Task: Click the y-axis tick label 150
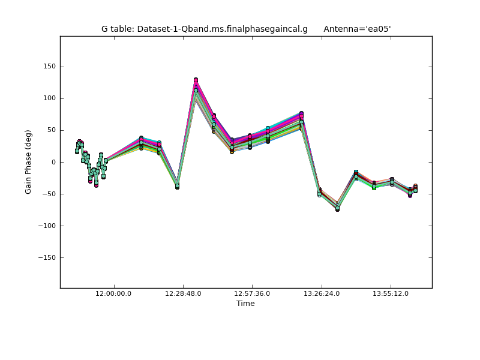coord(49,67)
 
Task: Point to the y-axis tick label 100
coord(49,98)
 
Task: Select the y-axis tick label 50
coord(51,130)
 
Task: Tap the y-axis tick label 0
coord(53,162)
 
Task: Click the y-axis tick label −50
coord(49,194)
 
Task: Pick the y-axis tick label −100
coord(47,226)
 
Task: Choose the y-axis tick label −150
coord(47,257)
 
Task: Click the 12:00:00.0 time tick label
coord(114,293)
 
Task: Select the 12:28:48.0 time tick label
coord(183,293)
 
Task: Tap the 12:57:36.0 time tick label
coord(252,293)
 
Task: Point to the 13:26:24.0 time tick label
coord(322,293)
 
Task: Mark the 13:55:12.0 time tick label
coord(391,293)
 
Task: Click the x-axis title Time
coord(245,304)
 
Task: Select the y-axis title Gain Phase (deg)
coord(28,162)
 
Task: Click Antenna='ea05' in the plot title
coord(357,29)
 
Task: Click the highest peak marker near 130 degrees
coord(196,80)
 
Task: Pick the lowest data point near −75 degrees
coord(337,209)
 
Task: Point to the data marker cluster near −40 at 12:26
coord(177,186)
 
